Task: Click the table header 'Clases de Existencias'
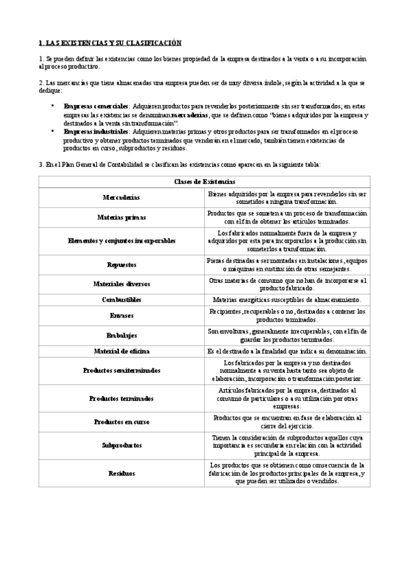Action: pyautogui.click(x=204, y=181)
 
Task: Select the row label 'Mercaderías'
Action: pyautogui.click(x=121, y=198)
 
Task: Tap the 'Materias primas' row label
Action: pyautogui.click(x=121, y=218)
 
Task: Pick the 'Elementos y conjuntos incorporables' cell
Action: pyautogui.click(x=122, y=241)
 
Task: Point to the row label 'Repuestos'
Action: pyautogui.click(x=122, y=264)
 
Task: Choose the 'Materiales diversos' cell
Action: pyautogui.click(x=121, y=284)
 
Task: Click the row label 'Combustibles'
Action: pyautogui.click(x=121, y=300)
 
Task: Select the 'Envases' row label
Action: pyautogui.click(x=121, y=316)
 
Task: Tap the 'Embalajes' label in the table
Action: pyautogui.click(x=122, y=335)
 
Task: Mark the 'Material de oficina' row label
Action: pyautogui.click(x=121, y=351)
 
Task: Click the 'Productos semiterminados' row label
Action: pyautogui.click(x=122, y=371)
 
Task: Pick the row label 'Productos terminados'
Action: pyautogui.click(x=122, y=398)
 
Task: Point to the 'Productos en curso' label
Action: pyautogui.click(x=122, y=422)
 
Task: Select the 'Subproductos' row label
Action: pyautogui.click(x=122, y=445)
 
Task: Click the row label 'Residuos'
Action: pyautogui.click(x=122, y=472)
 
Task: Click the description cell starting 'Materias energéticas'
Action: pyautogui.click(x=287, y=300)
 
